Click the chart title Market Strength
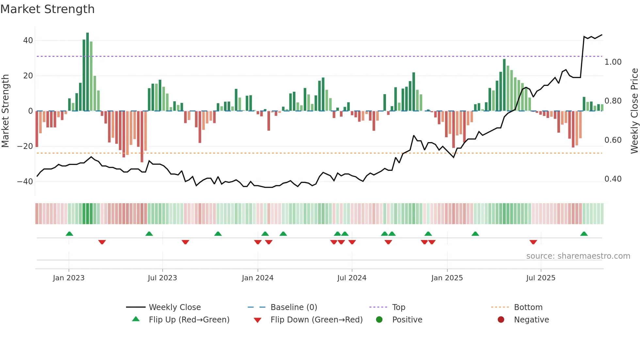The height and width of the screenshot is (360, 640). (x=47, y=9)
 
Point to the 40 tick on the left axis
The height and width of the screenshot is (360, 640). (x=28, y=41)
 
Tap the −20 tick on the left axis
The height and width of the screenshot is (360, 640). (x=25, y=146)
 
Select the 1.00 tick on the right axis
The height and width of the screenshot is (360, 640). (x=613, y=62)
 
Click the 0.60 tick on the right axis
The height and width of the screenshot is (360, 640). (x=613, y=140)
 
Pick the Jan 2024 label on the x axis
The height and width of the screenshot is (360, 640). (x=258, y=278)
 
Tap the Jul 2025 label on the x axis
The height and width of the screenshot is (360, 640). (x=541, y=278)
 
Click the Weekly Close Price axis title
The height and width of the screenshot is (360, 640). (x=634, y=111)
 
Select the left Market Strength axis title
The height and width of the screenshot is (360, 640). (x=5, y=111)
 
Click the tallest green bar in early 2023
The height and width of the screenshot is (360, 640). (x=88, y=72)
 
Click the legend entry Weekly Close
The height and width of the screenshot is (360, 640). (x=175, y=307)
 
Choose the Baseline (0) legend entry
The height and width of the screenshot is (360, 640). (x=294, y=307)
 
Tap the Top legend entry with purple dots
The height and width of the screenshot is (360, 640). (x=398, y=307)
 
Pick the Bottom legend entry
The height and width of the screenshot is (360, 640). (x=528, y=307)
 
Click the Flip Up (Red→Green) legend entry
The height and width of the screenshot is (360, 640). (x=189, y=320)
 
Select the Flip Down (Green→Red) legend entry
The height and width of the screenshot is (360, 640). (x=316, y=320)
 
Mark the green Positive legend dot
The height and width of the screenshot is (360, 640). (x=379, y=320)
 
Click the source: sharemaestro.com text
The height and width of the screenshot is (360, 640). (x=578, y=256)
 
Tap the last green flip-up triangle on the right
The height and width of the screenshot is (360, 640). (x=584, y=234)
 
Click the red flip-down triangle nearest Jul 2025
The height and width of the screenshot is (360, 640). (x=533, y=242)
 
